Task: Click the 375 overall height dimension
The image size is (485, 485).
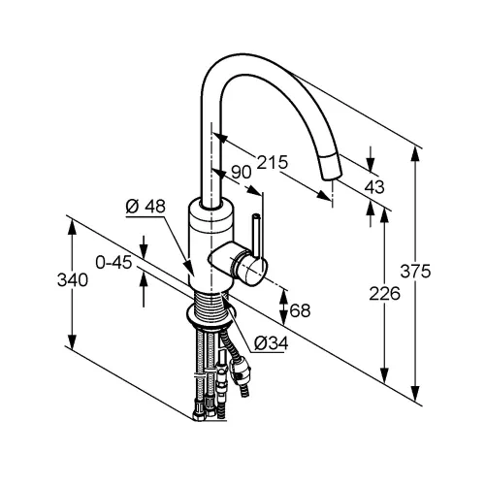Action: pyautogui.click(x=415, y=272)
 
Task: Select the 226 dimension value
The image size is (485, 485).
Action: pyautogui.click(x=384, y=294)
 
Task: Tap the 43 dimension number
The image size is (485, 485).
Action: pyautogui.click(x=374, y=187)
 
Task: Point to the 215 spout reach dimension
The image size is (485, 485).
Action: pyautogui.click(x=272, y=162)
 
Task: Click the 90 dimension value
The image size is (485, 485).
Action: pyautogui.click(x=242, y=173)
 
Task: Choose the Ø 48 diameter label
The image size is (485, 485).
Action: pyautogui.click(x=145, y=206)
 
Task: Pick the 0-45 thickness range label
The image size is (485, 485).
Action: pyautogui.click(x=113, y=263)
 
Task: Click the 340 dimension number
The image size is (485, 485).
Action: pyautogui.click(x=73, y=280)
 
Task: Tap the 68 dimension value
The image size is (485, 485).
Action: pyautogui.click(x=300, y=310)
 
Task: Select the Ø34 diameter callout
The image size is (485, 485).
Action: pyautogui.click(x=271, y=343)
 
